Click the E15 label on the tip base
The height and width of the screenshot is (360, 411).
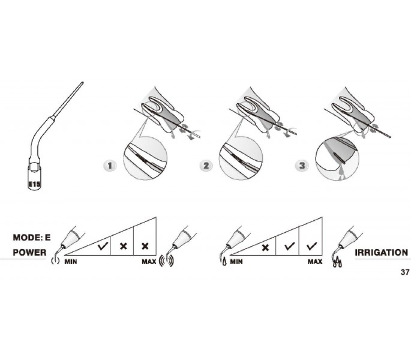(34, 184)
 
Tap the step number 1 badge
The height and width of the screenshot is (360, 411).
(110, 166)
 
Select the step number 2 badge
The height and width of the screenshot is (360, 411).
(206, 166)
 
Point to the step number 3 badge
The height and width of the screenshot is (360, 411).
(302, 166)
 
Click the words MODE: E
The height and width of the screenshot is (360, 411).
(32, 238)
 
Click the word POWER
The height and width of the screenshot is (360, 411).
(29, 253)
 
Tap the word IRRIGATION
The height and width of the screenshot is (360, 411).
(382, 253)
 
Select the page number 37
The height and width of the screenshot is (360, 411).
(405, 272)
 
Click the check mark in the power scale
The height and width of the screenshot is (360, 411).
(103, 246)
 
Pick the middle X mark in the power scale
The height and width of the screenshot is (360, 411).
(123, 246)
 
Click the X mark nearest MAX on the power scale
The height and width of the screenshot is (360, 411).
(145, 246)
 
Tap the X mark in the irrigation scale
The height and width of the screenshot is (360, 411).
(265, 247)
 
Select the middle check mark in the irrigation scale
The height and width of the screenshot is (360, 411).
(289, 246)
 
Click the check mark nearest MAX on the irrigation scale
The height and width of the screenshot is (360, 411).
(311, 246)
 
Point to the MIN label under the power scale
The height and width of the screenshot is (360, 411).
(71, 262)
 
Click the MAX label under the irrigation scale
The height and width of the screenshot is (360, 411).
(315, 262)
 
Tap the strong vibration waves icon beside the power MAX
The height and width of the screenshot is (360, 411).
(166, 261)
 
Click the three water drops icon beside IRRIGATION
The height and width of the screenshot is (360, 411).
(338, 262)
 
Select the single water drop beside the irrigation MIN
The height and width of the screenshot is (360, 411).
(224, 262)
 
